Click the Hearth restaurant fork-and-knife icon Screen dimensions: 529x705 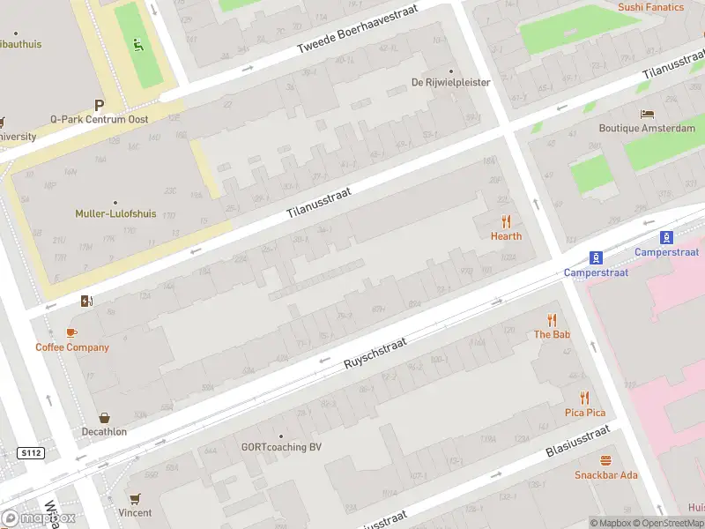(x=506, y=221)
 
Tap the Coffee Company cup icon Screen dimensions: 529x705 (x=72, y=332)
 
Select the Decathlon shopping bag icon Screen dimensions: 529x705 (x=105, y=418)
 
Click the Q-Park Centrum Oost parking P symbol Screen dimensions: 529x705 (x=99, y=104)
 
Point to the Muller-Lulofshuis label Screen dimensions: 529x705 (x=115, y=213)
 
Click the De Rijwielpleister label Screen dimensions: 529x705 (x=450, y=83)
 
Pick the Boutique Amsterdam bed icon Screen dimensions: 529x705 (x=647, y=115)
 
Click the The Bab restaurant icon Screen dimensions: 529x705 (x=553, y=320)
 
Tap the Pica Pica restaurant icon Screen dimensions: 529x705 (x=584, y=399)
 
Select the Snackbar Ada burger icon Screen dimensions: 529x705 (x=605, y=461)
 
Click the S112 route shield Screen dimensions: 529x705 (x=30, y=453)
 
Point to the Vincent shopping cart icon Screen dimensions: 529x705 (x=135, y=499)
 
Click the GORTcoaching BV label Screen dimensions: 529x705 (x=281, y=447)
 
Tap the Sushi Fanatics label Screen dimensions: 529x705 (x=650, y=7)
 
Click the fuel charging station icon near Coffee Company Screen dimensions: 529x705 (x=85, y=302)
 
